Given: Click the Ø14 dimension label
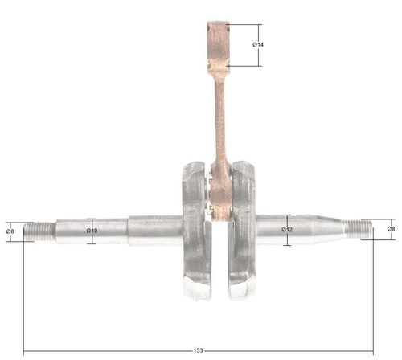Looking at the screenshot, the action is coord(258,45).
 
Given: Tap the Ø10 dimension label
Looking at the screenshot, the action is coord(92,231).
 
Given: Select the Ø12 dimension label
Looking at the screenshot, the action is coord(287,230).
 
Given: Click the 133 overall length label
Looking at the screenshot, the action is coord(198,350).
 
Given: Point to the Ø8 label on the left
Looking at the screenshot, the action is coord(10,231).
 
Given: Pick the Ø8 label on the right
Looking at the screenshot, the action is coord(391,229).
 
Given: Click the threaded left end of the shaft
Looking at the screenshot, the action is coord(39,231).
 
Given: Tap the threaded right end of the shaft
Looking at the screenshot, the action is coord(358,229).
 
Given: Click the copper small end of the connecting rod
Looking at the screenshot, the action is coord(219,47).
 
